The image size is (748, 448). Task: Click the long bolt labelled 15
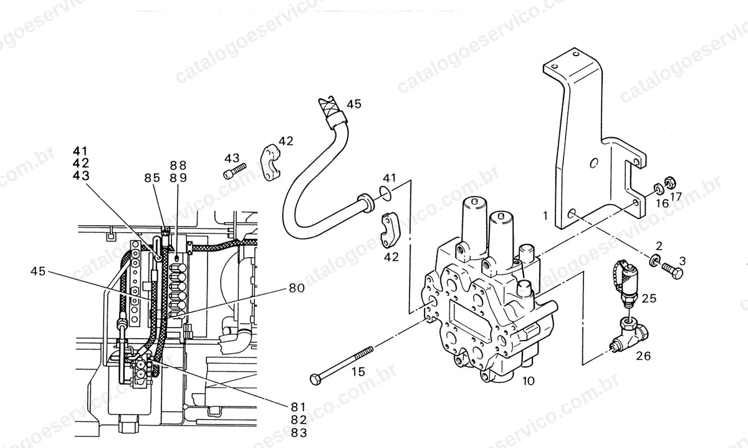[x=342, y=366]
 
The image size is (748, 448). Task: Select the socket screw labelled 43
[x=234, y=170]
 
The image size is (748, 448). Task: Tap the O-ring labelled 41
[x=385, y=194]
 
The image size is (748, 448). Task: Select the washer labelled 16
[x=658, y=189]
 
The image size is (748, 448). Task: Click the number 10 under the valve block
[x=529, y=381]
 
